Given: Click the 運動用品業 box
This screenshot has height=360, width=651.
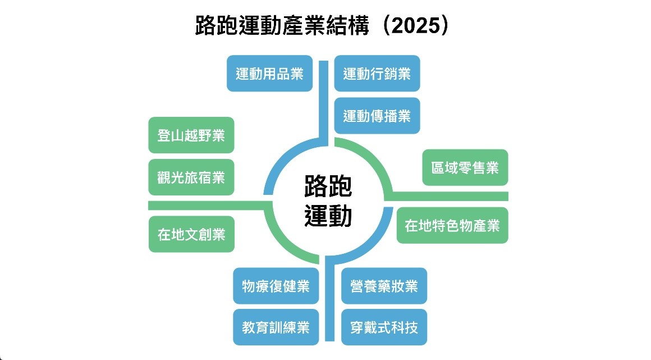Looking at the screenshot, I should tap(269, 74).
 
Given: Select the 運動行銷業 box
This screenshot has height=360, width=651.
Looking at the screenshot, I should tap(377, 74).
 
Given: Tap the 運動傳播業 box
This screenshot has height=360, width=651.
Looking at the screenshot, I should tap(377, 116).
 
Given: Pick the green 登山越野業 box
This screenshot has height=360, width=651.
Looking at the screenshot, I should tap(191, 135).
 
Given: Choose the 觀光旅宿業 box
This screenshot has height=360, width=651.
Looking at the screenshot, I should tap(191, 177).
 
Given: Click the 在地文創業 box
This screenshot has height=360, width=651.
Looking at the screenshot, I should tap(191, 234).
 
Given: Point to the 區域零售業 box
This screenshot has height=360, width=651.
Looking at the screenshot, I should tap(465, 167).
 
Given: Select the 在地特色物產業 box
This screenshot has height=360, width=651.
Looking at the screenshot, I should tap(452, 226).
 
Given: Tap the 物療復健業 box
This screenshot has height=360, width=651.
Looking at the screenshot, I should tap(276, 286).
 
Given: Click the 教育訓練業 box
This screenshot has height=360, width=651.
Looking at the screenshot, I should tap(276, 327).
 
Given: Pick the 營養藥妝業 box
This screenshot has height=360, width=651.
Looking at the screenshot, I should tap(384, 286).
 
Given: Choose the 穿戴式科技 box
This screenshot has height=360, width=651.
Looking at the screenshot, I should tap(384, 327).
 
